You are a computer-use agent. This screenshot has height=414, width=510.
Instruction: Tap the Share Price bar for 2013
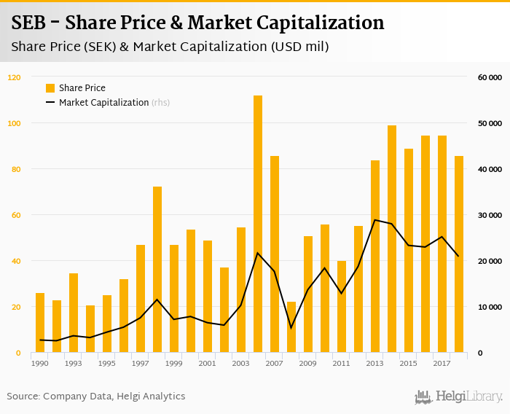click(375, 257)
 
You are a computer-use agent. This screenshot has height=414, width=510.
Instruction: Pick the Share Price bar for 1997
click(141, 299)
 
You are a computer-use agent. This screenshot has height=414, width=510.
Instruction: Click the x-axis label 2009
click(307, 363)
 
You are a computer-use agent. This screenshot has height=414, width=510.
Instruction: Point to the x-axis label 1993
click(74, 363)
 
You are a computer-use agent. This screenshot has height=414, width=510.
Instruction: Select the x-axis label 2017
click(442, 363)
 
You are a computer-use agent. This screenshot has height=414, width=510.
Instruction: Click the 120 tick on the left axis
click(15, 77)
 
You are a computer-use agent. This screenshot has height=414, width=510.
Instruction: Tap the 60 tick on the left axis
click(16, 215)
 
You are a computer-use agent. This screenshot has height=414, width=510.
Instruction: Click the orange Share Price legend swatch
click(50, 88)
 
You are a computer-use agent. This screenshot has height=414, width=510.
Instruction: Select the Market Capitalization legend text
click(103, 103)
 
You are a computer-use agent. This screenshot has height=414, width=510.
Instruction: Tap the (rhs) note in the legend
click(161, 103)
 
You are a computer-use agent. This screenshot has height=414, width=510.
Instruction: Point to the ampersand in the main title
click(175, 23)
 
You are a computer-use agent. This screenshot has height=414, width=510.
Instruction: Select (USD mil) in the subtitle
click(299, 47)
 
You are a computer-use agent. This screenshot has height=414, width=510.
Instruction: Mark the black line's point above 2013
click(375, 220)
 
